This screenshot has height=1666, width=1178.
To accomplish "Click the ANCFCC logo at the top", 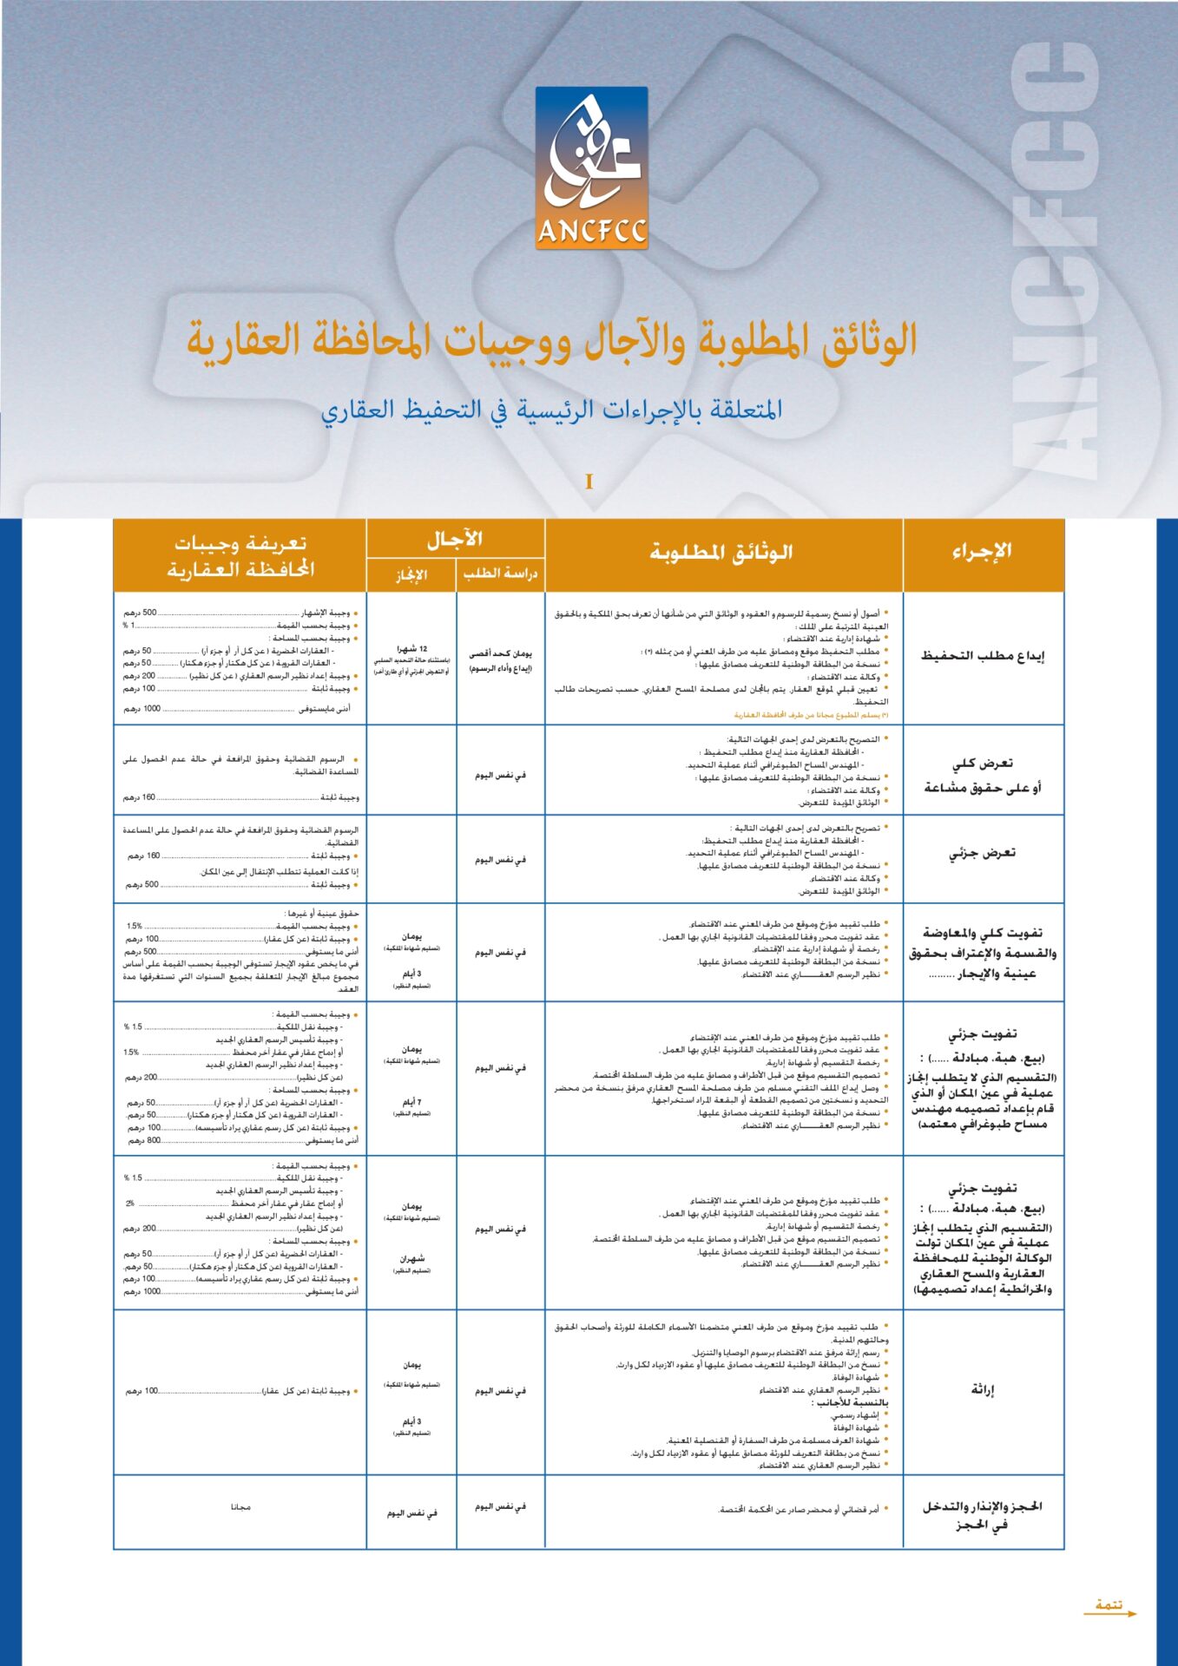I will coord(591,168).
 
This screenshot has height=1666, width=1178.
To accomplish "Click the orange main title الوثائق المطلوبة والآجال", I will coord(552,340).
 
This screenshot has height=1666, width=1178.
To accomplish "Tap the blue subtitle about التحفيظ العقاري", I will coord(552,410).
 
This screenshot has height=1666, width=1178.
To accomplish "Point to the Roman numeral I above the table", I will coord(589,482).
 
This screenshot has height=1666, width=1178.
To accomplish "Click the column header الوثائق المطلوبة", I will coord(722,553).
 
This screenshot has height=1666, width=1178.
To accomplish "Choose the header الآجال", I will coord(455,540).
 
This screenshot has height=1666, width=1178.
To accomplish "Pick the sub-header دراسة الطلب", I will coord(500,574).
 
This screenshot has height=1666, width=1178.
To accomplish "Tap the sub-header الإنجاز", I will coord(411,574).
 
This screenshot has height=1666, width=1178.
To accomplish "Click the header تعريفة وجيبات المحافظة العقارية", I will coord(240,556).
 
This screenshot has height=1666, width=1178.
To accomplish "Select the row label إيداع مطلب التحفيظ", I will coord(983,656).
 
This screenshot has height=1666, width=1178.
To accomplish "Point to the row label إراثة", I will coord(983,1390).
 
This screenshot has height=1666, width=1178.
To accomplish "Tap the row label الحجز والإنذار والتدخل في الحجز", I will coord(983,1515).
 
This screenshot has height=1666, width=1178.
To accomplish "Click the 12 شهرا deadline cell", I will coord(411,649).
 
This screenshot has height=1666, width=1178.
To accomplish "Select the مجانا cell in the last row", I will coord(240,1507).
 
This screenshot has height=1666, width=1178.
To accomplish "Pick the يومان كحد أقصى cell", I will coord(500,654).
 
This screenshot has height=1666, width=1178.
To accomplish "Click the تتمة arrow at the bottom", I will coord(1109,1607).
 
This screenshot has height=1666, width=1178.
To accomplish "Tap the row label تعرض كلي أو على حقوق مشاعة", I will coord(983,775).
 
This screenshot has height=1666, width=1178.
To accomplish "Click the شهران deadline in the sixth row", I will coord(411,1258).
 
